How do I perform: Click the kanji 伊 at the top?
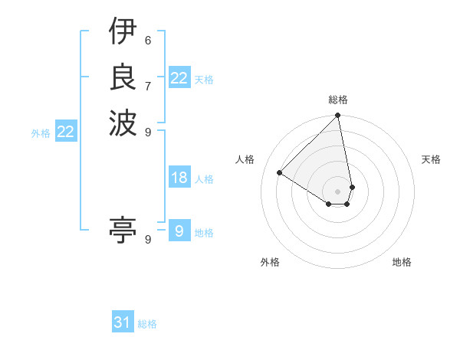[x=123, y=32]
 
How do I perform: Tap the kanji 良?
[x=123, y=76]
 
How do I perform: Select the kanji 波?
[x=123, y=122]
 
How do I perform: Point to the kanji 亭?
[x=123, y=229]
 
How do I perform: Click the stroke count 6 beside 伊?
[x=148, y=40]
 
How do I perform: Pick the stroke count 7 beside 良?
[x=148, y=85]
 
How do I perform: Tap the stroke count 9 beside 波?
[x=148, y=131]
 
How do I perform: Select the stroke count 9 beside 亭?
[x=148, y=239]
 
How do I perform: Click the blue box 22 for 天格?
[x=179, y=78]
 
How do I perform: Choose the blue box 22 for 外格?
[x=66, y=132]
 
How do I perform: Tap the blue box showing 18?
[x=179, y=178]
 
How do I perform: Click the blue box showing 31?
[x=123, y=322]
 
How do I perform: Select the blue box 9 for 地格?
[x=179, y=231]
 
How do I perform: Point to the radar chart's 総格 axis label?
[x=338, y=100]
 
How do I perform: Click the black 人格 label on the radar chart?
[x=245, y=159]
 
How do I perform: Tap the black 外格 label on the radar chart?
[x=270, y=263]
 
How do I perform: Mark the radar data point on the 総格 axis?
[x=338, y=116]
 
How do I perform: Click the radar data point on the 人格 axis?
[x=280, y=173]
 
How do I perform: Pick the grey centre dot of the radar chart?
[x=338, y=191]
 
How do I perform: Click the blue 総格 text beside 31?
[x=147, y=324]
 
